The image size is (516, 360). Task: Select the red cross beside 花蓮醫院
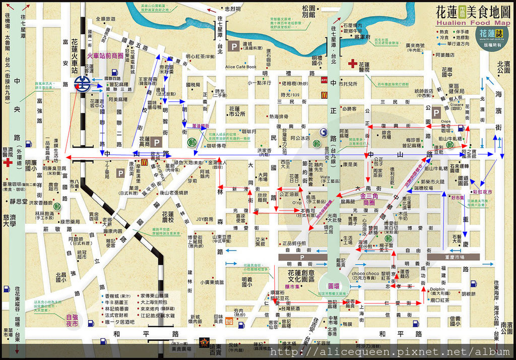tap(352, 64)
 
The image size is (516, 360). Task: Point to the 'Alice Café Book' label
tap(241, 67)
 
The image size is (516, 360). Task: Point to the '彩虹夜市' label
tap(482, 192)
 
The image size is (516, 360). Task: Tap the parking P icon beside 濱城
tap(234, 47)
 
